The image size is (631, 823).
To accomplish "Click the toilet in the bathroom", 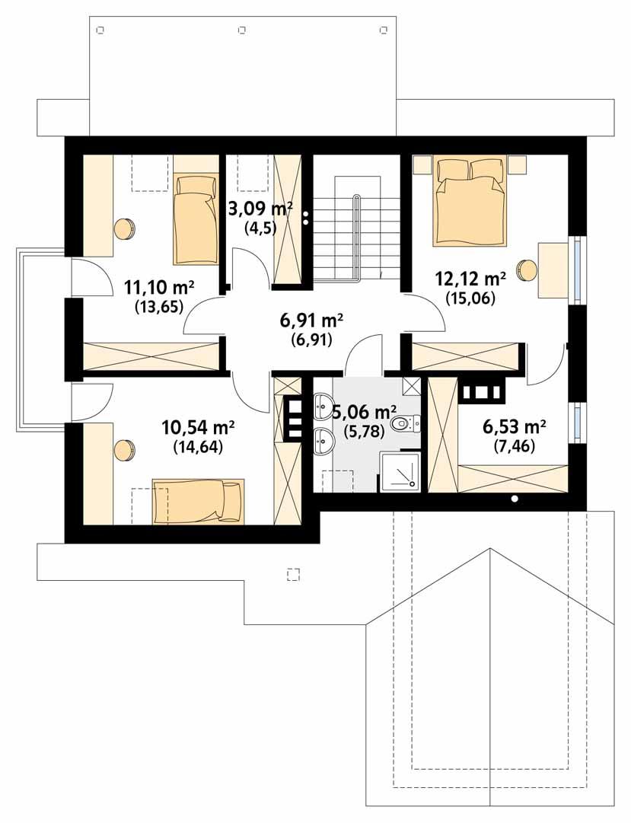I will (x=403, y=423).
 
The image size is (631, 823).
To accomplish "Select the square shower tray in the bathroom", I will (x=400, y=472).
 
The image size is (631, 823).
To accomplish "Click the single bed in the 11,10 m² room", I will (x=195, y=218).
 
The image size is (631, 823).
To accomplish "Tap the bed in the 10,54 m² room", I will (x=198, y=501).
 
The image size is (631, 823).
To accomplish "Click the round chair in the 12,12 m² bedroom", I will (x=527, y=269).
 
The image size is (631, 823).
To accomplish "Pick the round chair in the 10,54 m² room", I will (x=124, y=449).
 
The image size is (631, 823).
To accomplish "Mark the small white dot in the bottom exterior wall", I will (x=515, y=499).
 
